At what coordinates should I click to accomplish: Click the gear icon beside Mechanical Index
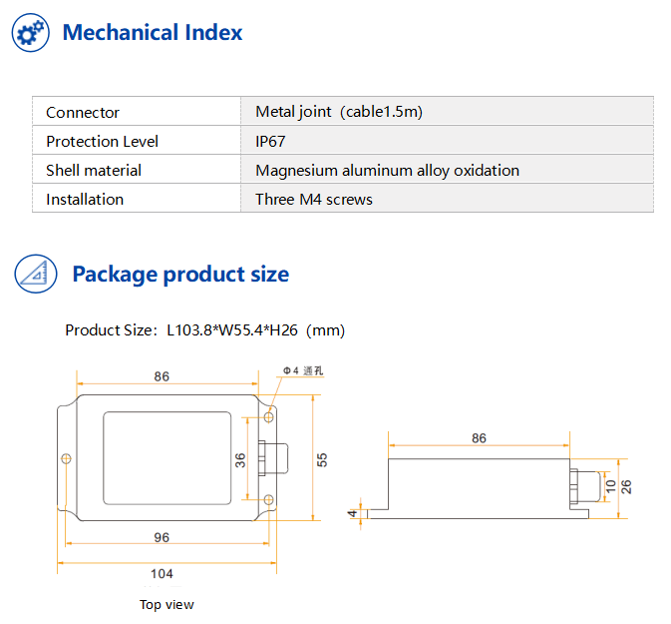coord(30,33)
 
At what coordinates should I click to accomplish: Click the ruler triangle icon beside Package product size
coord(36,274)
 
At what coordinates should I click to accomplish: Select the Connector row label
coord(83,113)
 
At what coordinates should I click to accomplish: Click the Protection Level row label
coord(103,142)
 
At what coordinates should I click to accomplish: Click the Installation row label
coord(85,200)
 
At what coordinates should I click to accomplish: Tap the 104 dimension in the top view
coord(162,574)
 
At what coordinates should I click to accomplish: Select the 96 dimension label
coord(162,537)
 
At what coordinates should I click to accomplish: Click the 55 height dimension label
coord(322,460)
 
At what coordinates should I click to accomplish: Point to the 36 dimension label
coord(240,460)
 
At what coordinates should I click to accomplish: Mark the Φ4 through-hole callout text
coord(303,370)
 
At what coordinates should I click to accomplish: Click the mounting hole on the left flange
coord(66,459)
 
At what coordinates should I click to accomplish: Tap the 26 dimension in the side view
coord(626,487)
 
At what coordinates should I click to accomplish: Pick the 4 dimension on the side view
coord(352,513)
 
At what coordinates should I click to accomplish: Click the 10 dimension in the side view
coord(610,486)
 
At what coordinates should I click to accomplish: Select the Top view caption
coord(167,605)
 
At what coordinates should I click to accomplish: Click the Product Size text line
coord(205,330)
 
